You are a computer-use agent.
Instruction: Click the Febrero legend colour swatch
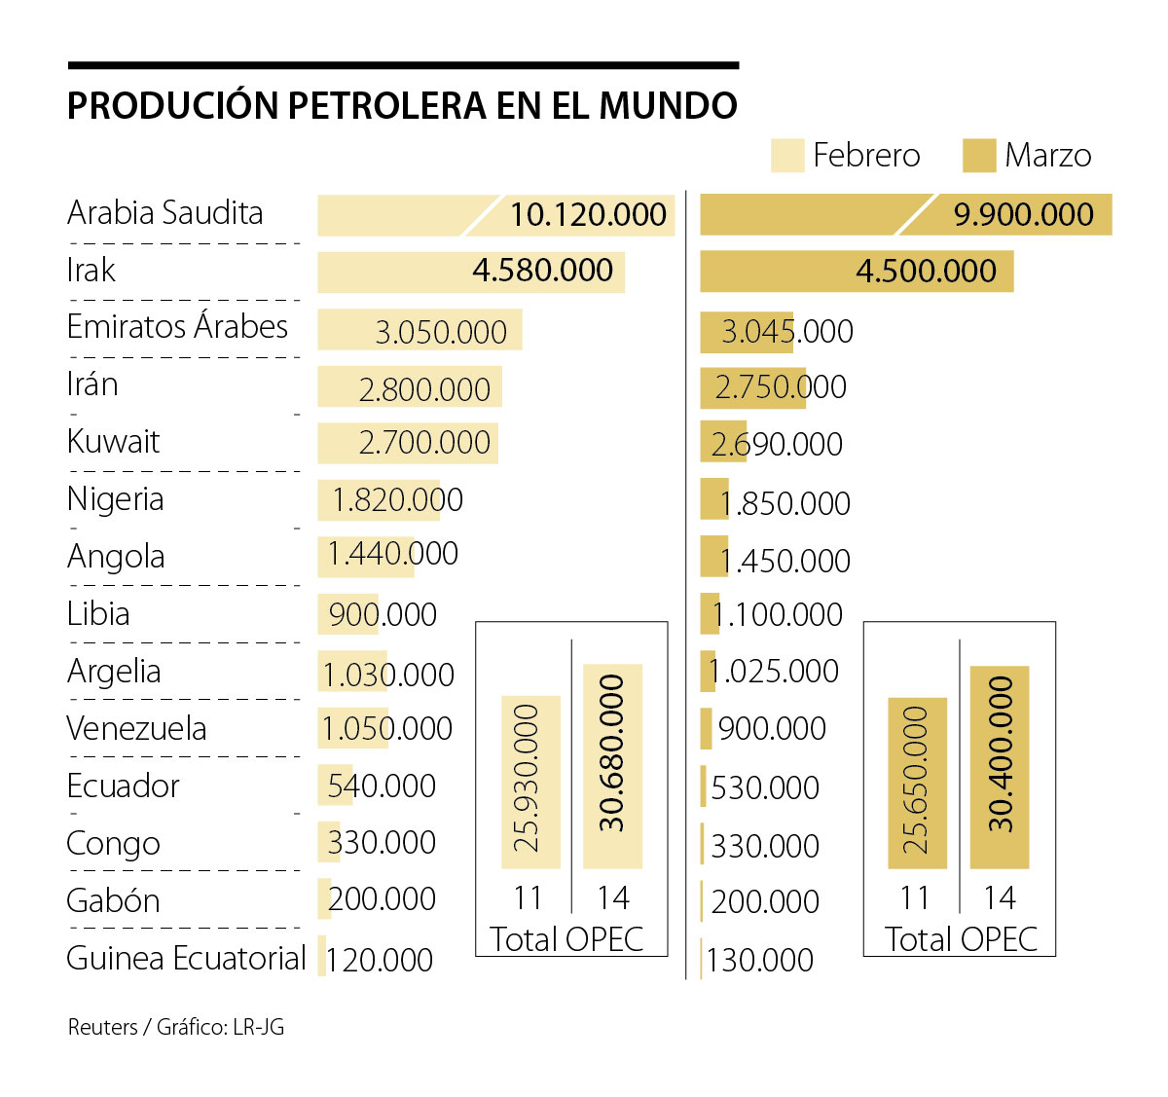[786, 156]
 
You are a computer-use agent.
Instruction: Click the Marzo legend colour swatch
[978, 156]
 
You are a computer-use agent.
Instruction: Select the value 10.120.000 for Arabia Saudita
[588, 214]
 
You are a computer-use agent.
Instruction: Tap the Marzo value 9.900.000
[1023, 214]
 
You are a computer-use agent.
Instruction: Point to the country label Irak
[91, 270]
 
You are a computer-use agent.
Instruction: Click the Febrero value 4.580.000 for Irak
[542, 271]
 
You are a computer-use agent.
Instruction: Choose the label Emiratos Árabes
[177, 327]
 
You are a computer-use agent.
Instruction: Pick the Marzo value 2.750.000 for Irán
[780, 387]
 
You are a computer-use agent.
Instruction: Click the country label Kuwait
[113, 442]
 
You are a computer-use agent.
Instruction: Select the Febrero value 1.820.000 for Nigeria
[397, 500]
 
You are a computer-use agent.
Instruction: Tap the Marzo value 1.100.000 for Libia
[777, 615]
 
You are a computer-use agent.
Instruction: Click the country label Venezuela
[136, 728]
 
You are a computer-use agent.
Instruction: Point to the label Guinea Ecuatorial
[186, 959]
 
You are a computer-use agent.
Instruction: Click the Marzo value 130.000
[759, 961]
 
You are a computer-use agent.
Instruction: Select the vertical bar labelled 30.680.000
[612, 766]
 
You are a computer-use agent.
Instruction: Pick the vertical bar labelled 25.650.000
[917, 783]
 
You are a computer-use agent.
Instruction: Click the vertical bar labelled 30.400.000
[1000, 767]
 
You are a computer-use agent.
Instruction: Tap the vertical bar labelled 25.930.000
[530, 782]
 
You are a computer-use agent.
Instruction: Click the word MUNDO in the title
[668, 105]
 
